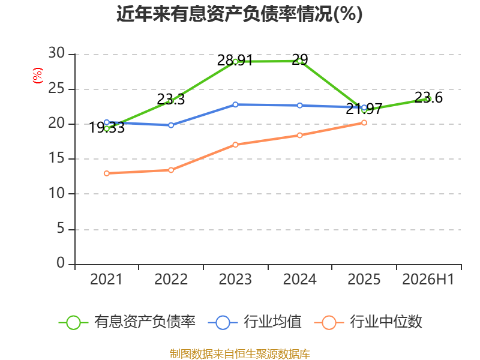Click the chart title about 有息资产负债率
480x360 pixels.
click(x=239, y=14)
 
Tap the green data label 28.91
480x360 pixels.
click(x=235, y=61)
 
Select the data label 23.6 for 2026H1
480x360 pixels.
click(x=428, y=98)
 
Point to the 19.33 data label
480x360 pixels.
click(x=107, y=128)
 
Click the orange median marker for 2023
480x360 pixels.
click(x=235, y=145)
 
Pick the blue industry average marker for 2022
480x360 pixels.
click(x=171, y=125)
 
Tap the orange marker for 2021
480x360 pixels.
click(x=107, y=173)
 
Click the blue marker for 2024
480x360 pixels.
click(x=299, y=106)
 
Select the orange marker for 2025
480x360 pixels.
click(x=364, y=123)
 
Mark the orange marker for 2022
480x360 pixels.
click(x=171, y=170)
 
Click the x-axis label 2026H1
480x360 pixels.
click(x=428, y=280)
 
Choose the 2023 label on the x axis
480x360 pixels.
click(x=235, y=280)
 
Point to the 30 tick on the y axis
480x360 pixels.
click(x=56, y=53)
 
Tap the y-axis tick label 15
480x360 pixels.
click(x=56, y=158)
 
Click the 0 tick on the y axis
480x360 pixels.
click(x=61, y=263)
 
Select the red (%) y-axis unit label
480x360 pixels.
click(x=38, y=76)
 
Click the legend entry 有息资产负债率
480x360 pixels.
click(x=127, y=322)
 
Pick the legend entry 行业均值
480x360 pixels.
click(x=254, y=322)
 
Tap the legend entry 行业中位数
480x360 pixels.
click(x=368, y=322)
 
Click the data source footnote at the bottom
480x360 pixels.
click(x=240, y=354)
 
